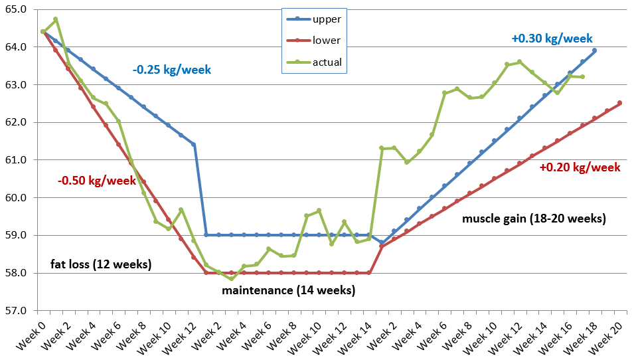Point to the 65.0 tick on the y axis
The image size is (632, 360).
(15, 10)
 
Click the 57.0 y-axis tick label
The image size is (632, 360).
(15, 310)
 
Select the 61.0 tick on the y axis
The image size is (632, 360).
(15, 160)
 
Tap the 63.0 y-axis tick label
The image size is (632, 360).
(15, 85)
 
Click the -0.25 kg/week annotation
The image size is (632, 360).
(171, 68)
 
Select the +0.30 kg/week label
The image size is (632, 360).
(552, 39)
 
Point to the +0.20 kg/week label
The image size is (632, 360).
(580, 168)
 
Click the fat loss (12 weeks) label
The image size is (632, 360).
(101, 264)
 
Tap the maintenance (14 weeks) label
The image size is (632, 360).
(288, 290)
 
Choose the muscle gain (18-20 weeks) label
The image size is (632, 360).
(534, 218)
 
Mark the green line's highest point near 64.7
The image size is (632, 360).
(56, 19)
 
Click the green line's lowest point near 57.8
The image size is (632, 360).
(231, 279)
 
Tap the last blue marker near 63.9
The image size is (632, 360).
(594, 50)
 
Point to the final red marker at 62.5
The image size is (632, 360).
(619, 103)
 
